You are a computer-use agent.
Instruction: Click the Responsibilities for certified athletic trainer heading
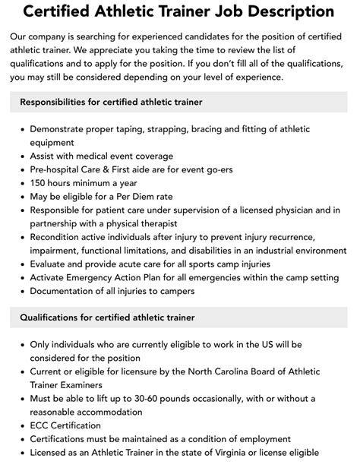point(111,102)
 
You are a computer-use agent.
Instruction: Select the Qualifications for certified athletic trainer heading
point(107,317)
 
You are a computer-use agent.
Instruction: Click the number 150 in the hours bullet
point(39,183)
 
